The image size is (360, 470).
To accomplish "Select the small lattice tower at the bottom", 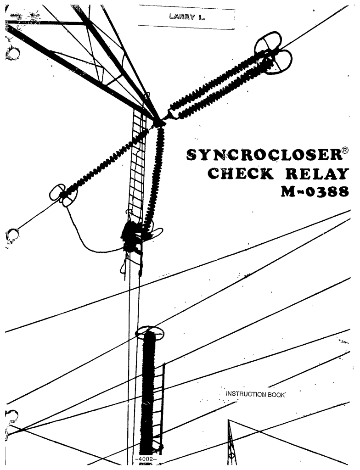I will click(x=232, y=443).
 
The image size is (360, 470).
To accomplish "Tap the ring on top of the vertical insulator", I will click(x=150, y=331).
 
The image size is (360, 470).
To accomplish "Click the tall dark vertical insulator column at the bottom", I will click(x=148, y=390).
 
